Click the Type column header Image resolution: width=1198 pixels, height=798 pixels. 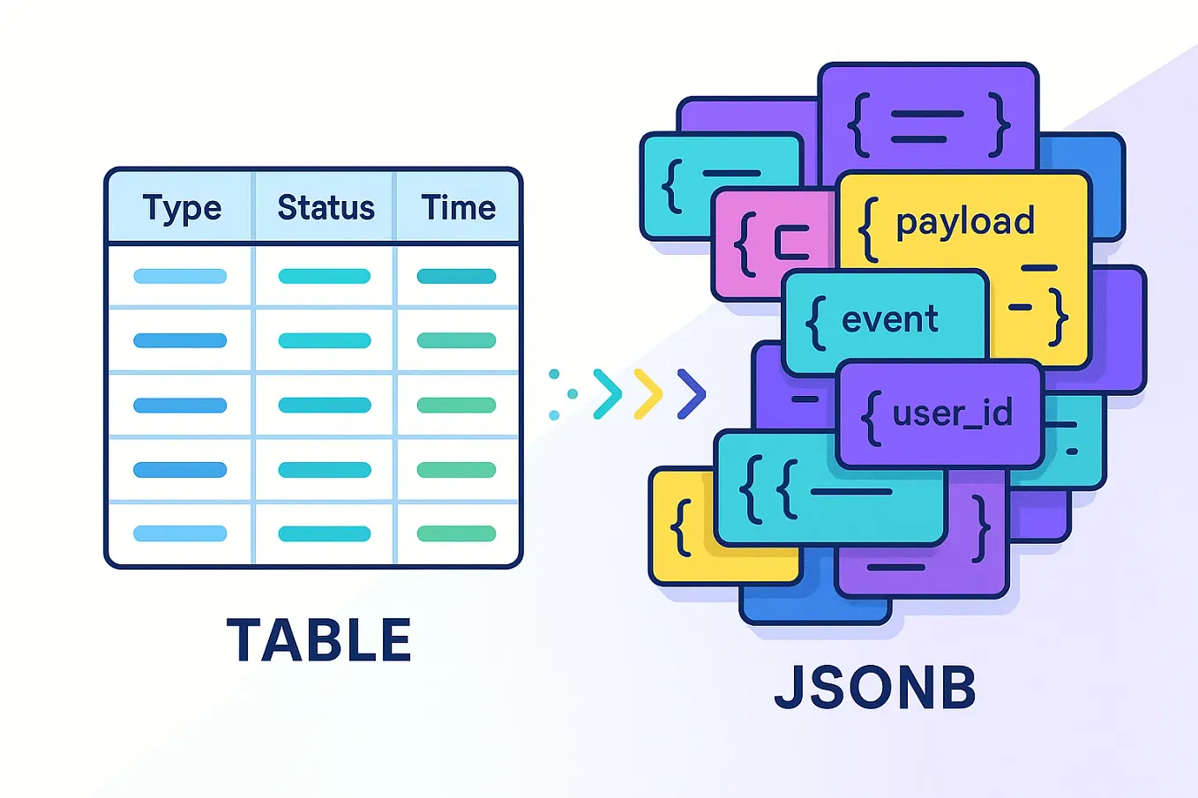click(182, 208)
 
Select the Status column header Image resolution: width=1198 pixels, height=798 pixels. click(326, 208)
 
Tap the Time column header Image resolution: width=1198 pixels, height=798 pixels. click(458, 208)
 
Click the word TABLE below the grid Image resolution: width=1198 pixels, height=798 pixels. click(319, 640)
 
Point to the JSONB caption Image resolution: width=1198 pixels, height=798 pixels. click(875, 689)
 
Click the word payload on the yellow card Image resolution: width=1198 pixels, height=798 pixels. click(965, 222)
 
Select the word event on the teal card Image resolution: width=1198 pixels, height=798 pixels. click(889, 319)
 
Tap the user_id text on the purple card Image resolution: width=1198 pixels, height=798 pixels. click(952, 413)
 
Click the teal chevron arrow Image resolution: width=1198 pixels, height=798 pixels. click(607, 393)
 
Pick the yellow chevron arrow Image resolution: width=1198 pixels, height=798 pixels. click(648, 393)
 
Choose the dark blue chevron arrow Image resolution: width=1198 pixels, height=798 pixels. click(692, 393)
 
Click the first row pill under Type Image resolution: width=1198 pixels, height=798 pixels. click(180, 276)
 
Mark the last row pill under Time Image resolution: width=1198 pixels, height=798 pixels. click(456, 533)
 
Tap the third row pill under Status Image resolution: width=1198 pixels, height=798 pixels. click(325, 406)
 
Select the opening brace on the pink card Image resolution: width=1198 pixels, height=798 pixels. click(746, 244)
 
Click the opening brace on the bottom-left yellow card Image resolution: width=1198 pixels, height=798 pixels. click(680, 527)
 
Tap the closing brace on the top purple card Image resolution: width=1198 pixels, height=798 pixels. click(1000, 125)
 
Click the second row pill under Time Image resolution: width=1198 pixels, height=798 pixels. click(456, 340)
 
